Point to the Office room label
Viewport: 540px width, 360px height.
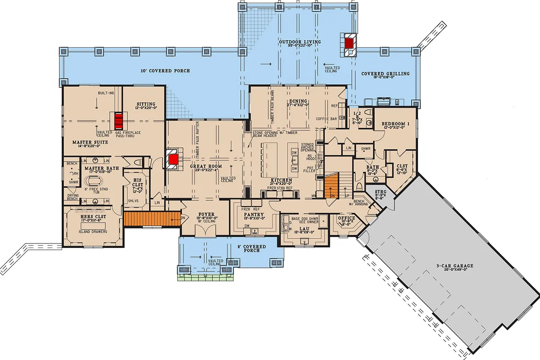346,218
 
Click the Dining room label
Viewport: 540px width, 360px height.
298,101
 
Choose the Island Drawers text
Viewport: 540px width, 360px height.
93,231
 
